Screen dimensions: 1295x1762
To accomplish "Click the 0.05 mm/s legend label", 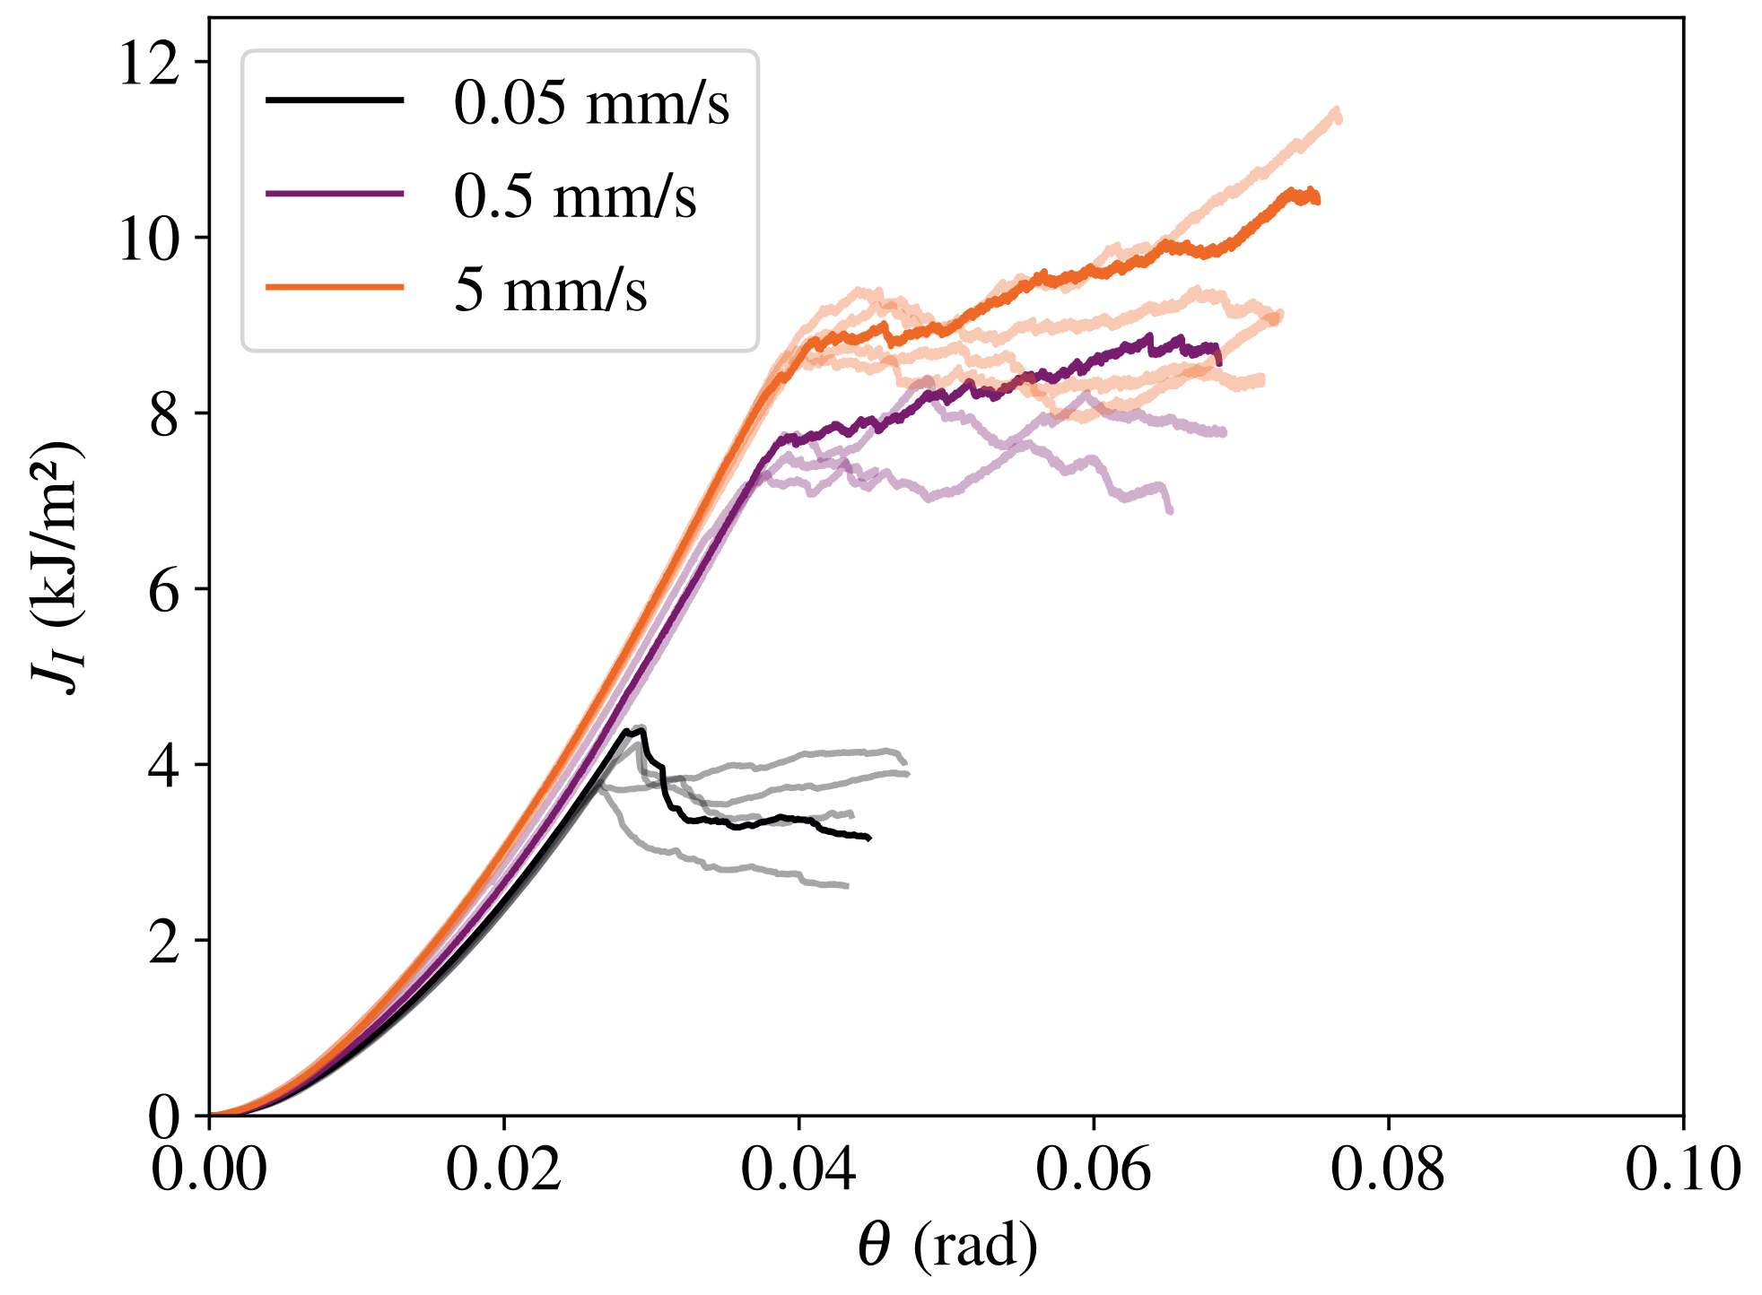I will coord(590,104).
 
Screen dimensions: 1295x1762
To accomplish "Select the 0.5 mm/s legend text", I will coord(574,197).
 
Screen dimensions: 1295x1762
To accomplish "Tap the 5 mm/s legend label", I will coord(550,291).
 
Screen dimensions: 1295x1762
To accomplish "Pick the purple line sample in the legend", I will coord(334,193).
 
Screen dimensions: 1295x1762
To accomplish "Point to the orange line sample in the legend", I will coord(334,286).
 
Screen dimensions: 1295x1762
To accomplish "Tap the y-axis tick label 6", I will coord(163,590).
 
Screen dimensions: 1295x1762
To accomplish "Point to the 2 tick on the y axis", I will coord(163,942).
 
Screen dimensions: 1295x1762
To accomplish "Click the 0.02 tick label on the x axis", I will coord(503,1170).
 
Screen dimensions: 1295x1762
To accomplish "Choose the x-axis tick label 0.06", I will coord(1093,1170).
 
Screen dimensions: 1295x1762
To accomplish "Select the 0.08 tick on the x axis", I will coord(1388,1170).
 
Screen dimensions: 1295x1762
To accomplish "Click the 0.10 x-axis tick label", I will coord(1682,1170).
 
